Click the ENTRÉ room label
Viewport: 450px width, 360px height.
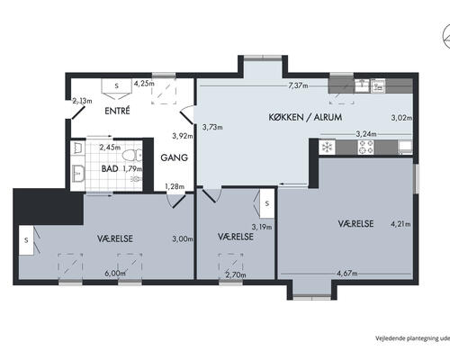[117, 112]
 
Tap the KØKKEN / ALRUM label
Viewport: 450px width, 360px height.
[305, 117]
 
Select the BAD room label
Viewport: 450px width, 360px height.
[110, 168]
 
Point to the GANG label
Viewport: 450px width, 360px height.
[175, 157]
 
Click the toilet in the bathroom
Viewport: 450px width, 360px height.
[132, 156]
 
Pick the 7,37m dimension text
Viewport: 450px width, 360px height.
[298, 85]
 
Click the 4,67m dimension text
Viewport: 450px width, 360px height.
[347, 274]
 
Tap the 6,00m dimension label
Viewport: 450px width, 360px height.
[115, 274]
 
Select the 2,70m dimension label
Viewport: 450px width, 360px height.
[236, 274]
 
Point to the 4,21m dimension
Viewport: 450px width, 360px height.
[400, 224]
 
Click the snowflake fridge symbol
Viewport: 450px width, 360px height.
[326, 148]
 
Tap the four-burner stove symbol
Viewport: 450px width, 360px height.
[366, 147]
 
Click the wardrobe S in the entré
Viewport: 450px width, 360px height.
[117, 85]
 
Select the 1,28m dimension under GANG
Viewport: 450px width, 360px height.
[175, 186]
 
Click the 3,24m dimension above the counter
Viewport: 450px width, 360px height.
[366, 134]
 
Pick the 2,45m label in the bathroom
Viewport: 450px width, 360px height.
[110, 148]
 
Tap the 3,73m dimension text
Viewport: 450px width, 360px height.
[212, 127]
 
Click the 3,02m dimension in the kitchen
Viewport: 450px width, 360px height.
[401, 118]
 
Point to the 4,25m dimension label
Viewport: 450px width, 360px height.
[144, 84]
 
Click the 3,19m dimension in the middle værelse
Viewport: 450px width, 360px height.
[262, 227]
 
